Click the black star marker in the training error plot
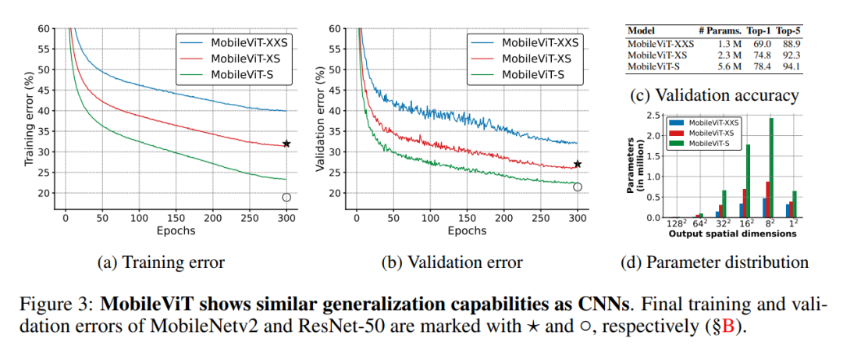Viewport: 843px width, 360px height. pyautogui.click(x=286, y=144)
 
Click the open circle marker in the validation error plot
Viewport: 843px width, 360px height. pyautogui.click(x=578, y=187)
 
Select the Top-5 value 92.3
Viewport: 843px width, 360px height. pyautogui.click(x=793, y=56)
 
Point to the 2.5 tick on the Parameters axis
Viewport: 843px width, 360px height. pyautogui.click(x=653, y=115)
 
